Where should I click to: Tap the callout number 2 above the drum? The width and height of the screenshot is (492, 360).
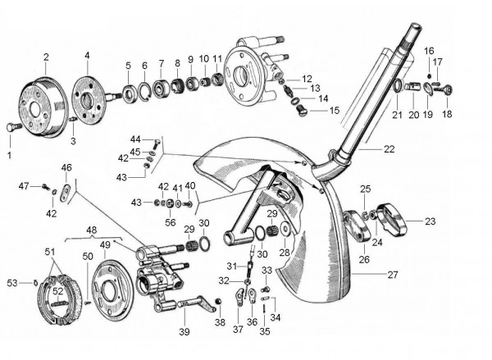tap(46, 57)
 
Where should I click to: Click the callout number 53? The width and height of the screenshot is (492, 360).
tap(11, 283)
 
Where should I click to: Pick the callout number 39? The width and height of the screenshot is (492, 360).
tap(184, 332)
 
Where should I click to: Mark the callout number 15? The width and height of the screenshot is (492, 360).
tap(335, 110)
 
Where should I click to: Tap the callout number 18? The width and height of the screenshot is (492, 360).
tap(447, 114)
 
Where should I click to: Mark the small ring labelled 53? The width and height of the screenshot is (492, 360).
tap(38, 283)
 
